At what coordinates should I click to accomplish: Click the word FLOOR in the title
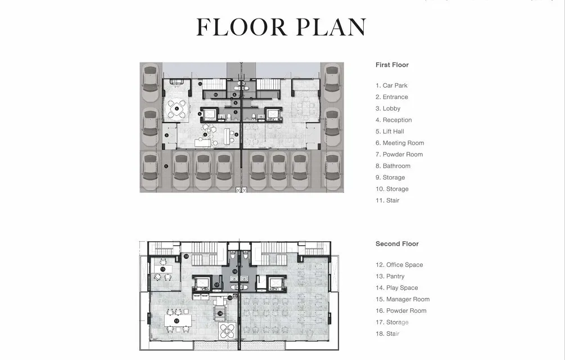coord(241,27)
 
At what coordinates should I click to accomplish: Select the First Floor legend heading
coord(392,65)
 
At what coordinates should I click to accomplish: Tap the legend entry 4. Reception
coord(394,120)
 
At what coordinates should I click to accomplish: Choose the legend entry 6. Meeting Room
coord(400,143)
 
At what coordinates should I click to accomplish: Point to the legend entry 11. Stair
coord(387,200)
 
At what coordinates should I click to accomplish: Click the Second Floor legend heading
coord(397,244)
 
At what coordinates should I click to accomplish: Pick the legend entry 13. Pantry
coord(390,276)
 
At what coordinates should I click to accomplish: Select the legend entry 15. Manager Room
coord(403,299)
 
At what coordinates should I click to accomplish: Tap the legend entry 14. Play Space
coord(397,288)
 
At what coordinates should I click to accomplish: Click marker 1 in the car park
coord(166,166)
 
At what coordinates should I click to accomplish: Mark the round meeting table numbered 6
coord(177,109)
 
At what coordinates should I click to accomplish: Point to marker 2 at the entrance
coord(166,136)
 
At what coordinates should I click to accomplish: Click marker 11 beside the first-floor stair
coord(200,84)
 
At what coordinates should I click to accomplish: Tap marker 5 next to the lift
coord(200,114)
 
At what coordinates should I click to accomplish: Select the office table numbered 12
coord(177,321)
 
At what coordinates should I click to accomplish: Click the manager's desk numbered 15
coord(163,269)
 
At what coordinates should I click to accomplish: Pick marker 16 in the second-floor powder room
coord(235,271)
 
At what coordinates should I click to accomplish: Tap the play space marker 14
coord(220,313)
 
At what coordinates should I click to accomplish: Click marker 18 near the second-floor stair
coord(186,256)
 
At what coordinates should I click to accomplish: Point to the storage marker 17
coord(217,285)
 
